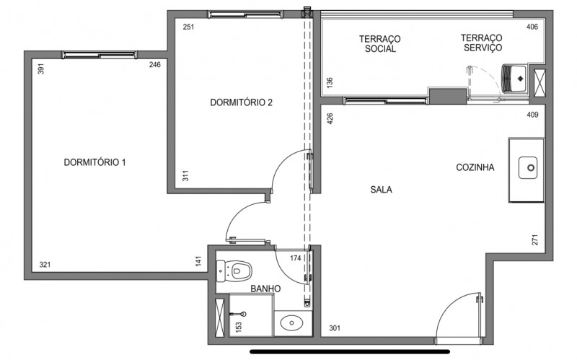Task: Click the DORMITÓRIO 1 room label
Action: pyautogui.click(x=94, y=162)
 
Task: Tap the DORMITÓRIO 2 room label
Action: pyautogui.click(x=241, y=102)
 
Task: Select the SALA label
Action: pyautogui.click(x=381, y=190)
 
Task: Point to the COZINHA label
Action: pyautogui.click(x=475, y=167)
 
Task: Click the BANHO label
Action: pyautogui.click(x=265, y=289)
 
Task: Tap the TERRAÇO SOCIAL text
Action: pyautogui.click(x=379, y=44)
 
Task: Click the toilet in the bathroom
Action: pyautogui.click(x=236, y=271)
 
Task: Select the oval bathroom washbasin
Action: pyautogui.click(x=292, y=322)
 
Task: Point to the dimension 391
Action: pyautogui.click(x=41, y=69)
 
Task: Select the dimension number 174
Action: pyautogui.click(x=295, y=258)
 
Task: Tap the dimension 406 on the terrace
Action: pyautogui.click(x=532, y=27)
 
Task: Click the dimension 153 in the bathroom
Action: pyautogui.click(x=239, y=327)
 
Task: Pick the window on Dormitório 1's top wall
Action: pyautogui.click(x=98, y=54)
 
